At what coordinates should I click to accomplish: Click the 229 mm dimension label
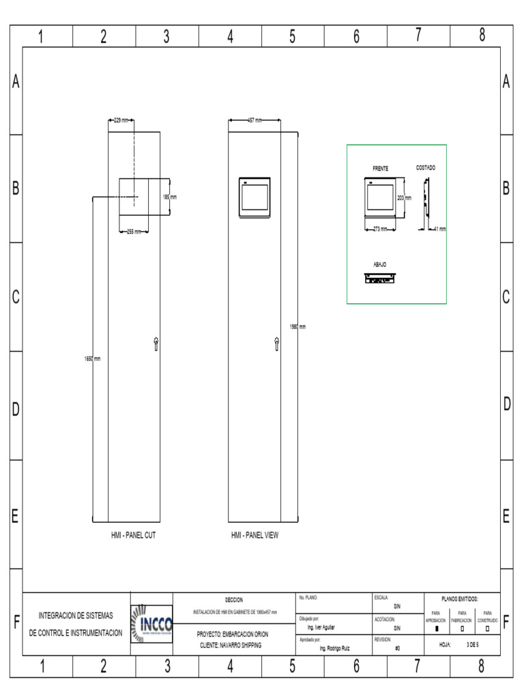[121, 120]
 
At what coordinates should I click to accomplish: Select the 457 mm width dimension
[254, 120]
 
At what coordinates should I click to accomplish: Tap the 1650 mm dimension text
[92, 359]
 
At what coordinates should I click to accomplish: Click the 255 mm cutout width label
[134, 231]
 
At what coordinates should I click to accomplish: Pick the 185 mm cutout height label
[169, 197]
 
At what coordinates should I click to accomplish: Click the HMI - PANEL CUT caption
[134, 536]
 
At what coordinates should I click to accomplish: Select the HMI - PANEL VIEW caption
[254, 536]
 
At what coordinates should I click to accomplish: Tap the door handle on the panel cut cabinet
[156, 344]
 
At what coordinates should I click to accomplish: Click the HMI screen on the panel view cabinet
[254, 196]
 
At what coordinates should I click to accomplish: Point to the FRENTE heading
[380, 168]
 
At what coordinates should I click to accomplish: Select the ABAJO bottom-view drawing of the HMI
[380, 279]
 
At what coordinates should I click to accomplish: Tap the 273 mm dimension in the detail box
[379, 229]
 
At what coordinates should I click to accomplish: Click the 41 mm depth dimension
[439, 229]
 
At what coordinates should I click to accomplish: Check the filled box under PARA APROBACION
[437, 629]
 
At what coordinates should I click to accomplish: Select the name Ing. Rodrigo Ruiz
[335, 648]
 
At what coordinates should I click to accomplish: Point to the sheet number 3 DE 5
[472, 644]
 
